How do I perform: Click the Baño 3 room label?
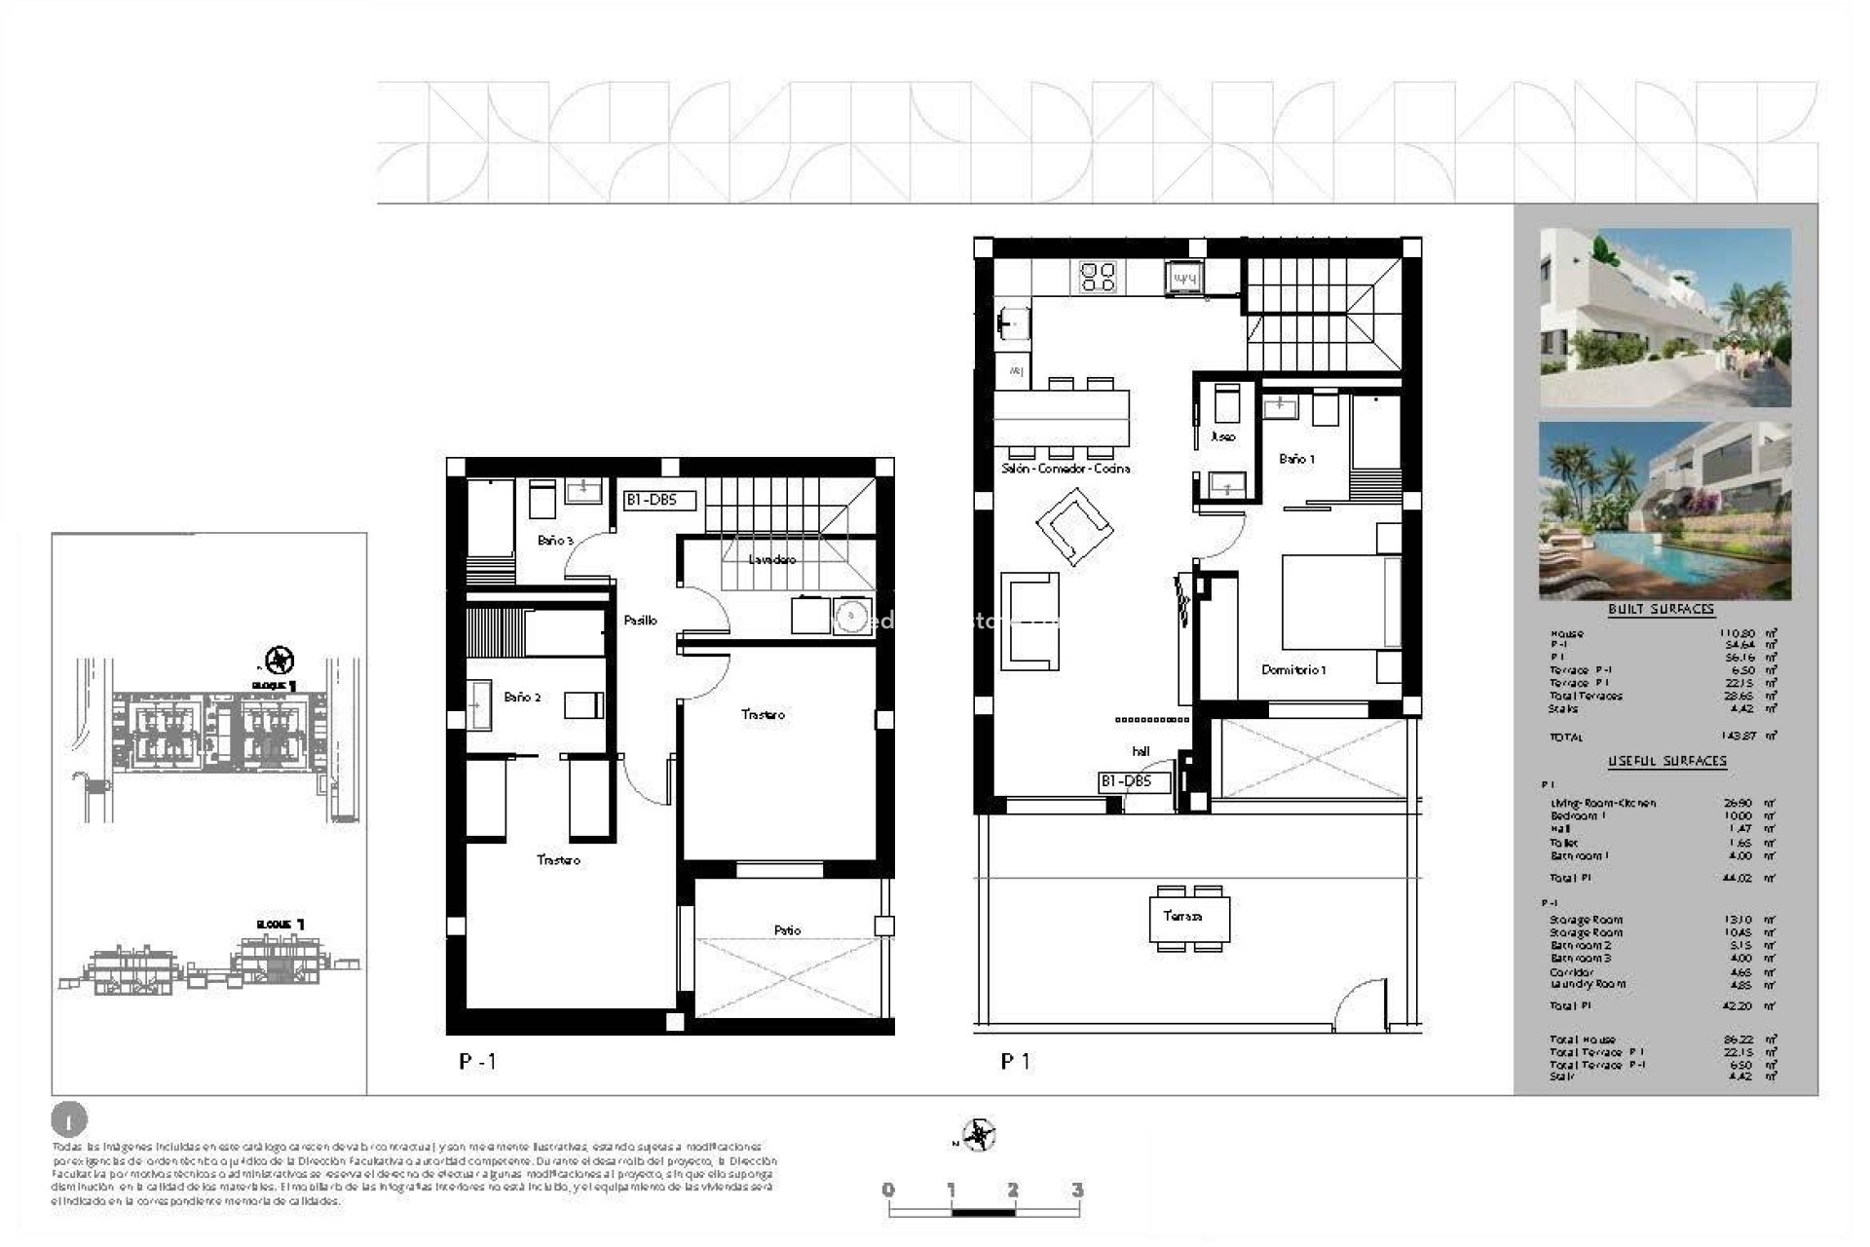[x=555, y=540]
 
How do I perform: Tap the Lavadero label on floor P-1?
[x=771, y=560]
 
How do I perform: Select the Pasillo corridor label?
[x=640, y=620]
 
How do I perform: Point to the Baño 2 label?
[x=522, y=698]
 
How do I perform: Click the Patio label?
[x=787, y=930]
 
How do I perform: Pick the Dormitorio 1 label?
[x=1292, y=670]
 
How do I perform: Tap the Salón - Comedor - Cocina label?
[x=1066, y=469]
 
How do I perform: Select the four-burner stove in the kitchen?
[x=1099, y=278]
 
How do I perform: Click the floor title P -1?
[x=477, y=1062]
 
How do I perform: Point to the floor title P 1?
[x=1015, y=1062]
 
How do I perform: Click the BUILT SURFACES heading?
[x=1661, y=610]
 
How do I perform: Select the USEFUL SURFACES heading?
[x=1666, y=761]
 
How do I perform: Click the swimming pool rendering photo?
[x=1664, y=510]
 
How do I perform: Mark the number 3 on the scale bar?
[x=1076, y=1190]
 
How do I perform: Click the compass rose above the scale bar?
[x=978, y=1135]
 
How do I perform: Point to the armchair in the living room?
[x=1074, y=527]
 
